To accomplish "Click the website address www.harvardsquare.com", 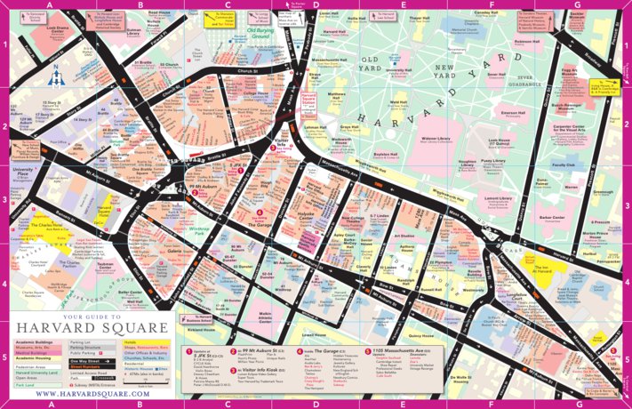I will pyautogui.click(x=86, y=393).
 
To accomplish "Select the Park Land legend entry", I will pyautogui.click(x=28, y=384).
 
